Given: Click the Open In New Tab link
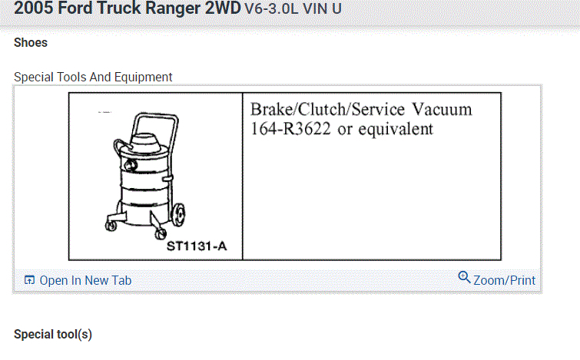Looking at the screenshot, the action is coord(85,280).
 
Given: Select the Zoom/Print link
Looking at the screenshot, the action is coord(504,280).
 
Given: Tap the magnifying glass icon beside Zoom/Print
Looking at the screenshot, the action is coord(464,277).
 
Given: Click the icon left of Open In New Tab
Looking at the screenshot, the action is coord(29,280).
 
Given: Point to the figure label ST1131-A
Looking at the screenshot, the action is coord(197,246).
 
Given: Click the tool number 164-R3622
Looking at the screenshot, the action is coord(290,129).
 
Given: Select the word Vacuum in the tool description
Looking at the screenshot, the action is coord(442,110).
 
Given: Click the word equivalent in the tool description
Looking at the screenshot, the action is coord(396,130).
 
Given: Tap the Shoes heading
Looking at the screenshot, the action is coord(31,43).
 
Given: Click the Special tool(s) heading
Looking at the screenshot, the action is coord(53,335).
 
